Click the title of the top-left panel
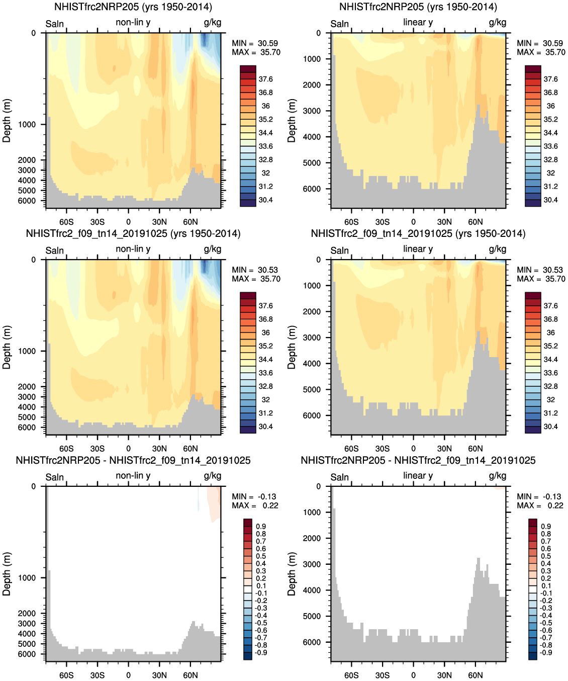[x=133, y=7]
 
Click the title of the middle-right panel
[x=418, y=233]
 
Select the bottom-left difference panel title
[x=133, y=460]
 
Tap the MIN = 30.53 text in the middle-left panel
[x=255, y=270]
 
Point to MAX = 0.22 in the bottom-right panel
[x=540, y=505]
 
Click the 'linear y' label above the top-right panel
[x=418, y=22]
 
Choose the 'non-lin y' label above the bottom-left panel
[x=133, y=475]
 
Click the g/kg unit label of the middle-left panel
[x=212, y=249]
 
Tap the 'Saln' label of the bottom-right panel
[x=340, y=477]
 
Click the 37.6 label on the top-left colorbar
[x=265, y=79]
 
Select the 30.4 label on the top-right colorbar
[x=550, y=200]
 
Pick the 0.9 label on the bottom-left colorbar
[x=261, y=526]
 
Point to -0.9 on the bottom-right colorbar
[x=545, y=652]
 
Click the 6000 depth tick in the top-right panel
[x=312, y=189]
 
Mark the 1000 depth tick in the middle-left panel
[x=27, y=351]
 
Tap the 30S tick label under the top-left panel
[x=98, y=222]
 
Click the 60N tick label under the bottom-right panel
[x=476, y=675]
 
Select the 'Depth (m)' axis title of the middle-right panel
[x=292, y=347]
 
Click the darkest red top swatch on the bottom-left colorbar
[x=248, y=523]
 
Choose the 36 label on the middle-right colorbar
[x=550, y=332]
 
